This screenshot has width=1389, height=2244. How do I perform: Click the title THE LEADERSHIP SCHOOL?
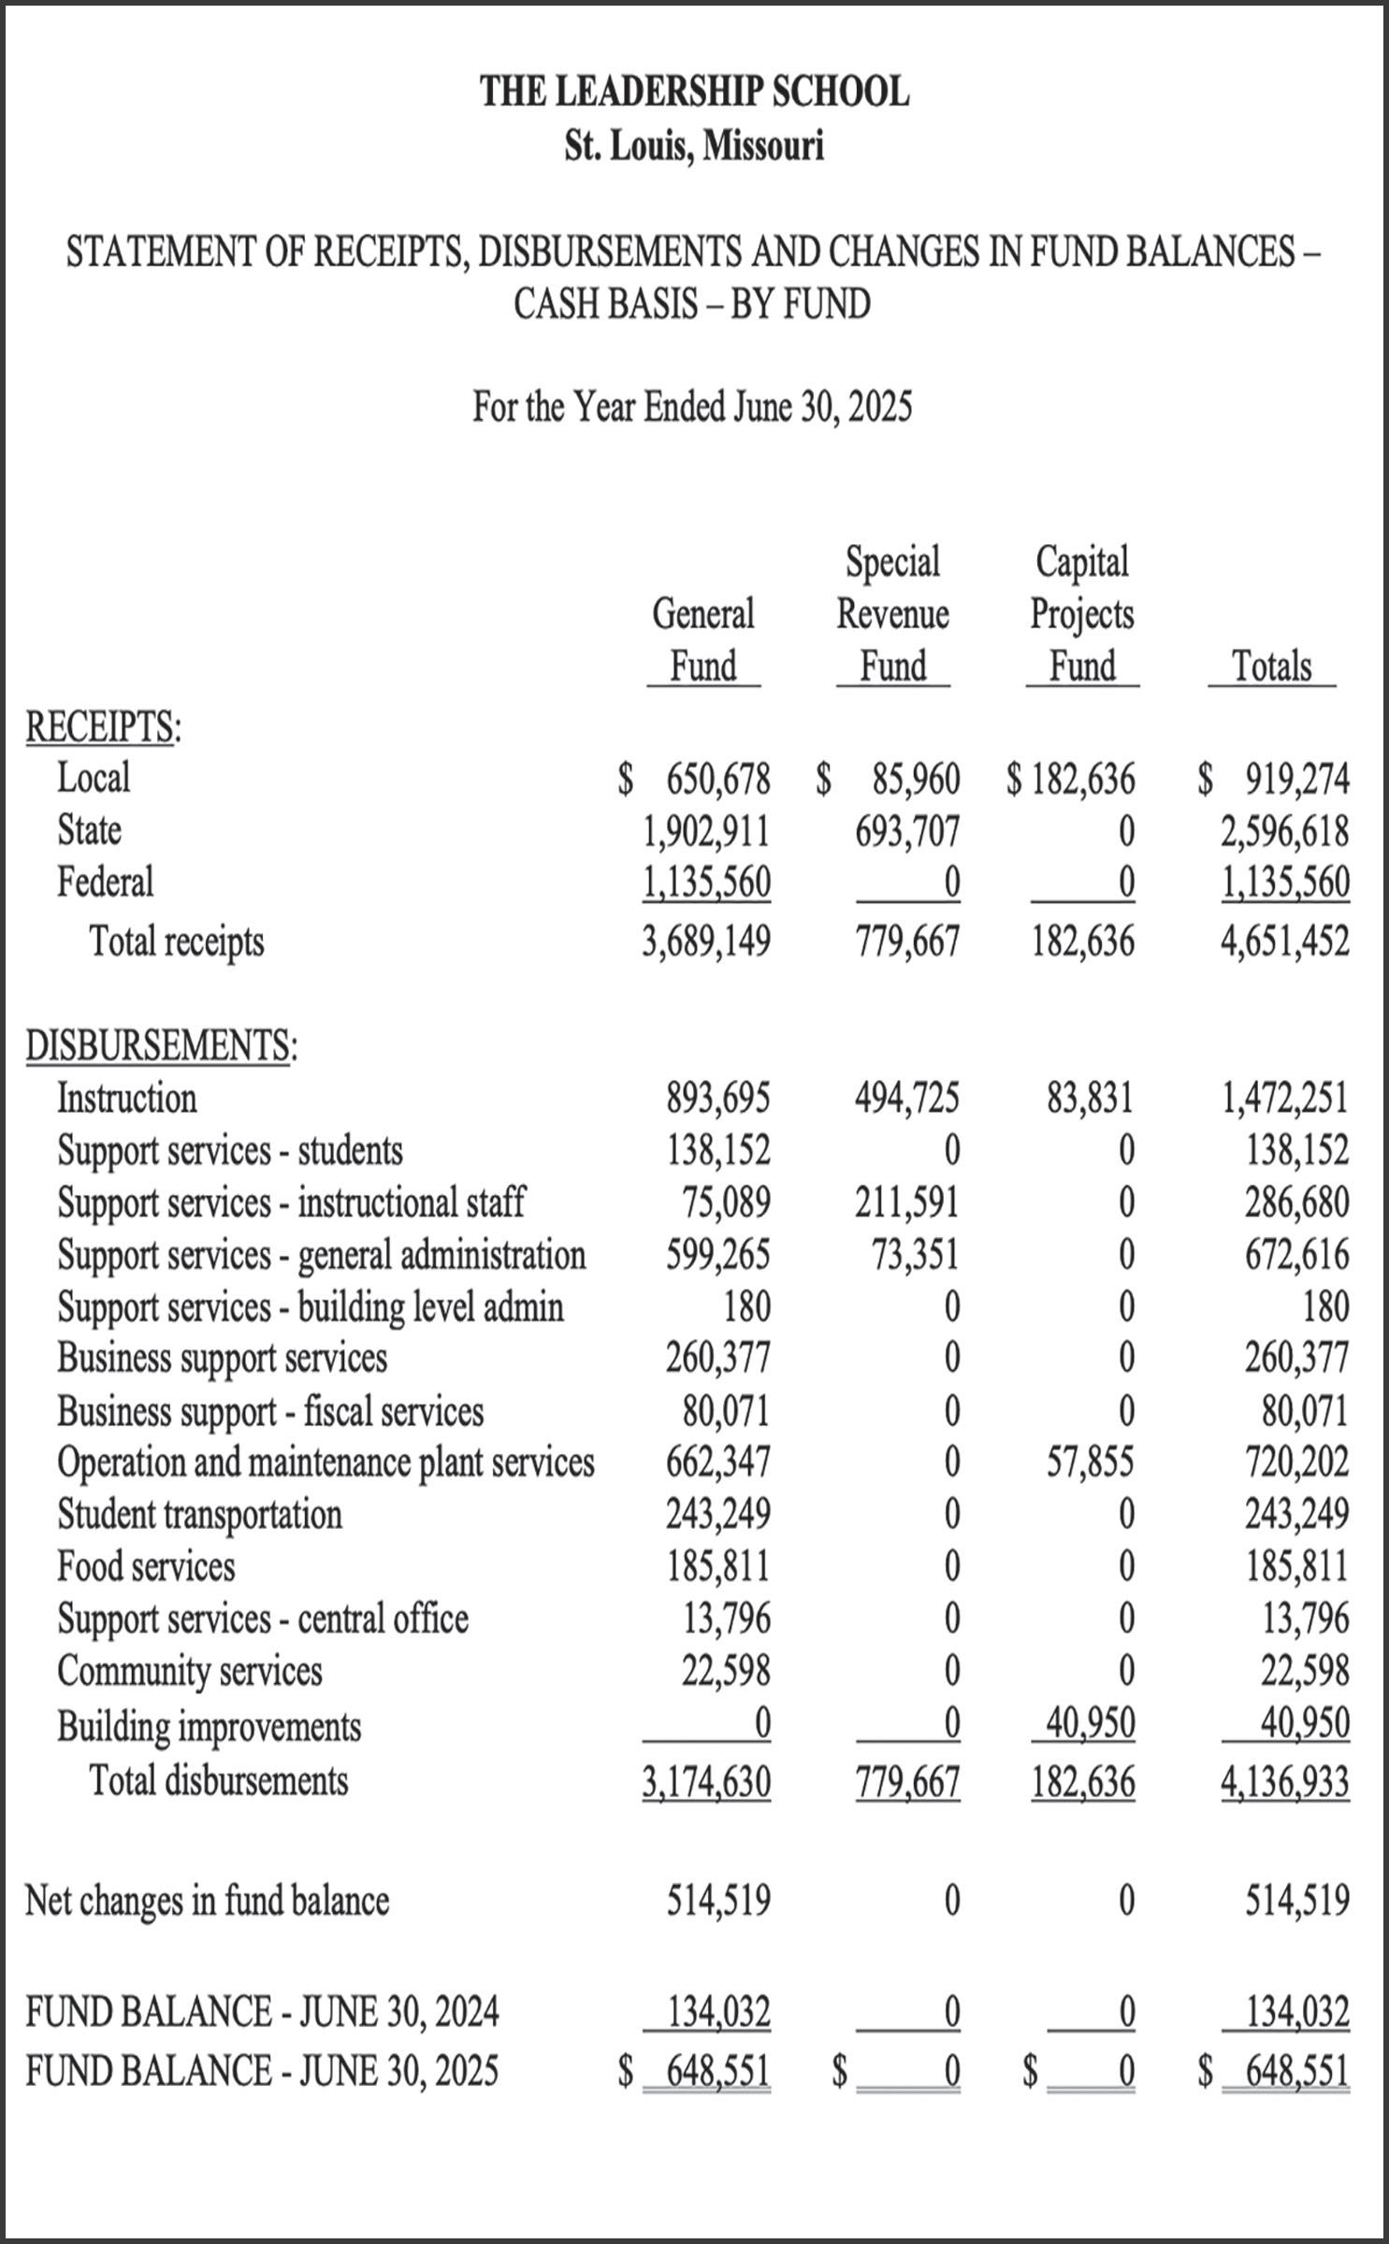694,92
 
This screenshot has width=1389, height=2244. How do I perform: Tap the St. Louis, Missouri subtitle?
694,146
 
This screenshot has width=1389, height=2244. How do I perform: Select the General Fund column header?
703,640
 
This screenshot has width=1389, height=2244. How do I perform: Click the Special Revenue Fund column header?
892,613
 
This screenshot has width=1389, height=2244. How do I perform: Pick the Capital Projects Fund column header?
1082,613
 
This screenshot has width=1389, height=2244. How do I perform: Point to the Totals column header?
1271,666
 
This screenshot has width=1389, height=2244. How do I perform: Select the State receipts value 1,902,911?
706,830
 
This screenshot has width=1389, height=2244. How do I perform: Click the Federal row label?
105,882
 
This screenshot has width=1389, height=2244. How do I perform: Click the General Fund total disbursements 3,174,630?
706,1781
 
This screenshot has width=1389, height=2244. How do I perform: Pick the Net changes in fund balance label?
207,1900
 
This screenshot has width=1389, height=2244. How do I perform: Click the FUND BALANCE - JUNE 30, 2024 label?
262,2010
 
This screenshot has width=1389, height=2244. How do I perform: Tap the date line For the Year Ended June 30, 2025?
692,407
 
